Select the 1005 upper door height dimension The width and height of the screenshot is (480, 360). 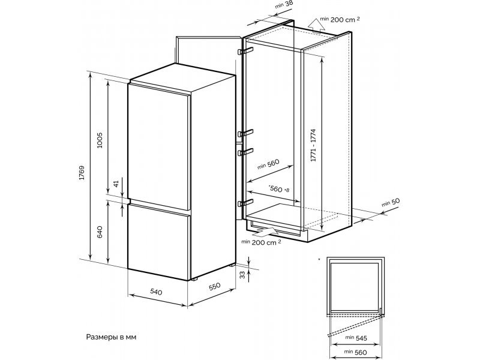coord(101,140)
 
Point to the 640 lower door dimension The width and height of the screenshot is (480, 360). coord(101,232)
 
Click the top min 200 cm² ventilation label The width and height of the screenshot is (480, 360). coord(340,20)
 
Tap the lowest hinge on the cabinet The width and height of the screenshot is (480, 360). coord(242,202)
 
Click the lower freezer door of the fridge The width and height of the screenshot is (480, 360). coord(159,240)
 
